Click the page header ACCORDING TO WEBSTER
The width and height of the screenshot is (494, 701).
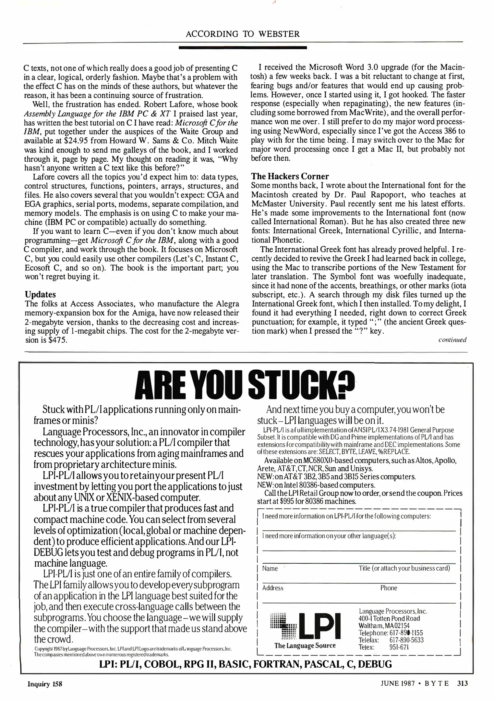click(x=243, y=34)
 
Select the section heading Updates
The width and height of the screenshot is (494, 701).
click(x=40, y=294)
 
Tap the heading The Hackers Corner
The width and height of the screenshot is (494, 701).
click(x=290, y=176)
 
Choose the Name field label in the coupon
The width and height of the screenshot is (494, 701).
click(x=270, y=568)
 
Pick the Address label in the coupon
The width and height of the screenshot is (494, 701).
click(x=272, y=588)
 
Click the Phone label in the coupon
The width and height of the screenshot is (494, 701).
click(x=389, y=588)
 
